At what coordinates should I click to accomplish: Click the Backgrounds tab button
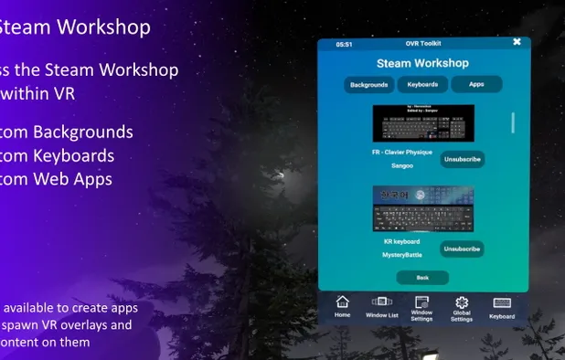click(368, 85)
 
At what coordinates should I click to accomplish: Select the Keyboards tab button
click(423, 85)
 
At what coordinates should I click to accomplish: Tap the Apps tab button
click(476, 85)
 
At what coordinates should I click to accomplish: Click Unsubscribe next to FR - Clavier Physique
click(462, 159)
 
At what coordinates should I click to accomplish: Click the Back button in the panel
click(422, 277)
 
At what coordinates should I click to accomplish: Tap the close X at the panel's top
click(517, 42)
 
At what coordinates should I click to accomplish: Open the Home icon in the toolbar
click(343, 305)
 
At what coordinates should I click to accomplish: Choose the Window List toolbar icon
click(381, 305)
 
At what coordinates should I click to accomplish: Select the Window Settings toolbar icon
click(422, 307)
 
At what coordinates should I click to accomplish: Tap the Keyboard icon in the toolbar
click(502, 306)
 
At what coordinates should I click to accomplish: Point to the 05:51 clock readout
click(344, 44)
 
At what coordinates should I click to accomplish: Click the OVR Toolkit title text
click(422, 44)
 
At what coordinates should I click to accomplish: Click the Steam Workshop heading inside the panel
click(422, 63)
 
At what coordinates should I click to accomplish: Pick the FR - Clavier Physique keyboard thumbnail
click(423, 122)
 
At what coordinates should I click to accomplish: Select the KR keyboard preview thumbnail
click(421, 208)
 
